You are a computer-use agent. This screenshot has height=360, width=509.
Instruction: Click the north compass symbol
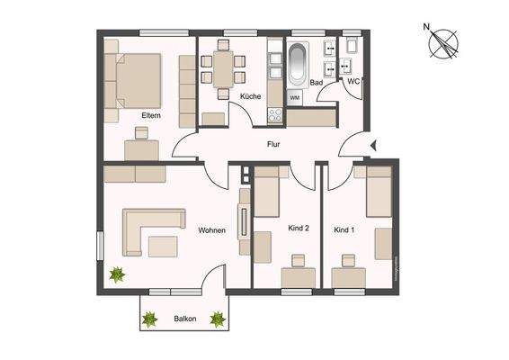443,42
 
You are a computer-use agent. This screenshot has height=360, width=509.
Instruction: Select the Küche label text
250,95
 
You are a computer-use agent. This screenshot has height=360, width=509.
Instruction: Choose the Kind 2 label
298,229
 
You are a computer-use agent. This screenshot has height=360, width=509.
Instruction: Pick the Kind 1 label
344,229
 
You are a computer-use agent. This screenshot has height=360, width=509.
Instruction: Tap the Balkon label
185,319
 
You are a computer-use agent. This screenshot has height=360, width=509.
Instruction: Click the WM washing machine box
294,96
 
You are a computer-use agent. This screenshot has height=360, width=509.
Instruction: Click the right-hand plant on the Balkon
217,318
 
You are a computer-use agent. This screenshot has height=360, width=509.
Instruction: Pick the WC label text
353,82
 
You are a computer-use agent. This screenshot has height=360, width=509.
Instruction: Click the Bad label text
316,82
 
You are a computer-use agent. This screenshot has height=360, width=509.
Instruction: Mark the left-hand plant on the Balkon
150,318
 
